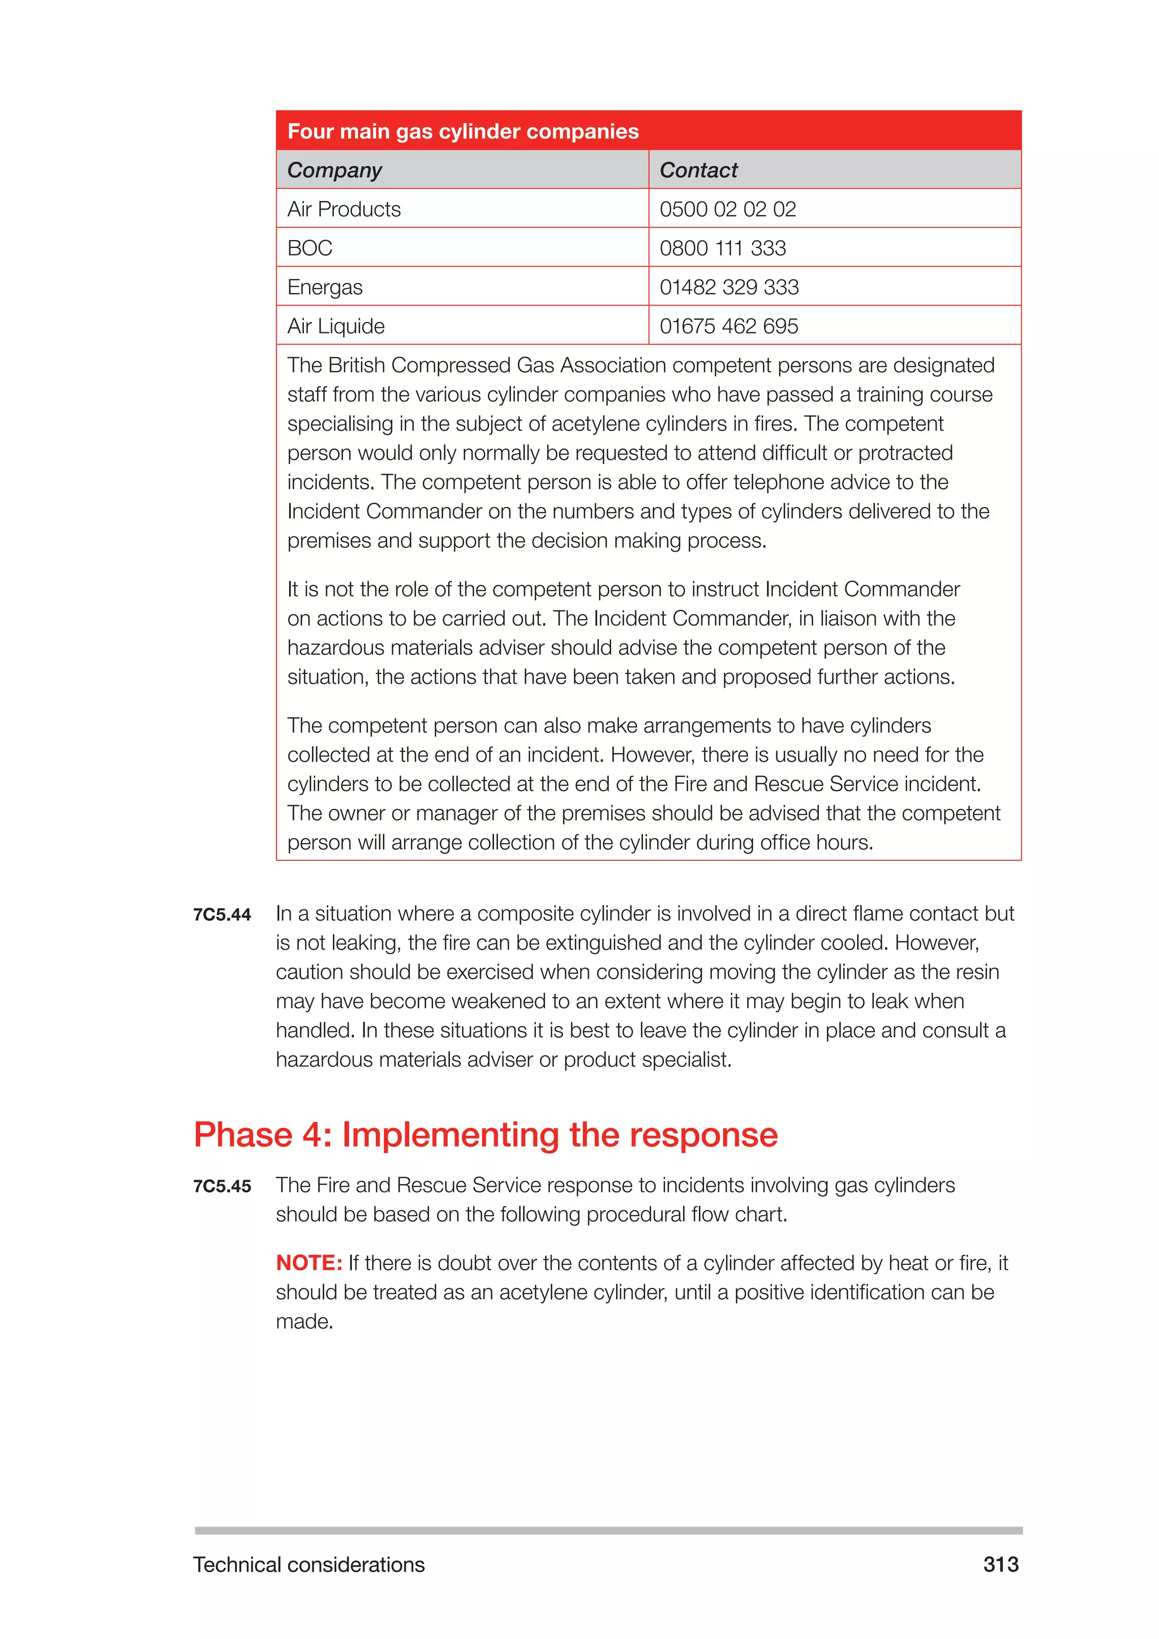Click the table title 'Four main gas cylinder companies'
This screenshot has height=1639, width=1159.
tap(462, 131)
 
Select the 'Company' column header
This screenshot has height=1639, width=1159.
tap(334, 170)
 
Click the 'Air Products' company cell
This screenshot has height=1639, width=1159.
tap(344, 209)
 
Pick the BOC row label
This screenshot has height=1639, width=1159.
tap(310, 248)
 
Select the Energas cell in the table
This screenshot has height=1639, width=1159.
tap(325, 287)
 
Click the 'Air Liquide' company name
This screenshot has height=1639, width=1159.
tap(336, 326)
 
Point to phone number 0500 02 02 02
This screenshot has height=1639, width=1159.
tap(727, 209)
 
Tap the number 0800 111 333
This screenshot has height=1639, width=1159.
tap(722, 248)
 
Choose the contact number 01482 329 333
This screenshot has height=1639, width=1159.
tap(729, 287)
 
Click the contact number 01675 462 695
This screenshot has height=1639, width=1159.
tap(729, 326)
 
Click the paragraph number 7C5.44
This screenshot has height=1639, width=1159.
tap(222, 915)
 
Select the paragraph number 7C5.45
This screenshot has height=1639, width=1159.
tap(222, 1186)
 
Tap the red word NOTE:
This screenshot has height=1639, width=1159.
tap(309, 1263)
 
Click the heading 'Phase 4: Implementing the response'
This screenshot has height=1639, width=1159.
tap(486, 1134)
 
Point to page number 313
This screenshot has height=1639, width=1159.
tap(1001, 1564)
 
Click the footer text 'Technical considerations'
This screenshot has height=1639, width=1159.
tap(308, 1565)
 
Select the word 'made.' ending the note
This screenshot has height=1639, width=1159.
tap(304, 1322)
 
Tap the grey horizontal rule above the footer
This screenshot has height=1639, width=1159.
tap(608, 1530)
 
